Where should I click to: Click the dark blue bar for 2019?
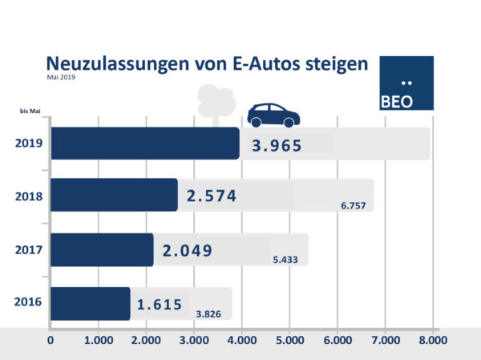coord(144,144)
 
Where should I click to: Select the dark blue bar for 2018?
coord(113,195)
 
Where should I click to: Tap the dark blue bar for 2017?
coord(101,249)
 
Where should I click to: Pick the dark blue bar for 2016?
coord(90,304)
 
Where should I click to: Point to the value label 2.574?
coord(212,196)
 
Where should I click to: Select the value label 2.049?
coord(187,251)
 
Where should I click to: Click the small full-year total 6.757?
coord(354,206)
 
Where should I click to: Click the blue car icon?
coord(273,115)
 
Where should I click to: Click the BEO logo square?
coord(406,83)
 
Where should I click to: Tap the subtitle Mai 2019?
coord(61,78)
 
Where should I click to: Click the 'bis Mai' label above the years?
coord(30,112)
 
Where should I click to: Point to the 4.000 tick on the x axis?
coord(240,340)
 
